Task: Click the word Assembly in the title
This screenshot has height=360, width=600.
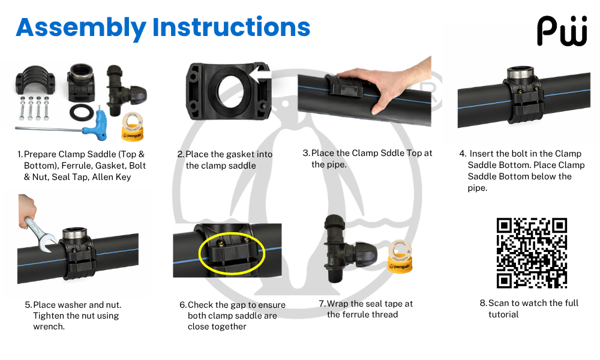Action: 81,28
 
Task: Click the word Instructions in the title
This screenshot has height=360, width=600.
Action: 231,27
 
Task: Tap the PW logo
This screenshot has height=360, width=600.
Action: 562,31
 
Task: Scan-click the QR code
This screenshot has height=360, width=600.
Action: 532,253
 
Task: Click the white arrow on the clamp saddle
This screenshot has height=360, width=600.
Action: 260,74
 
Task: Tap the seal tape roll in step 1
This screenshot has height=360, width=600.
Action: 132,126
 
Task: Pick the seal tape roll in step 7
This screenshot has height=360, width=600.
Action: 400,256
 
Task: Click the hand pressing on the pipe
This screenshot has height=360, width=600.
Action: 386,82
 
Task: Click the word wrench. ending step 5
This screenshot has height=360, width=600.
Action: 49,327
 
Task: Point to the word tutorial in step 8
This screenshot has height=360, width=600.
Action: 503,314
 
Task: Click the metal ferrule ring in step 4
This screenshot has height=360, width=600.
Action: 520,73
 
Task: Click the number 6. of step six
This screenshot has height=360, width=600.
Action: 183,305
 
